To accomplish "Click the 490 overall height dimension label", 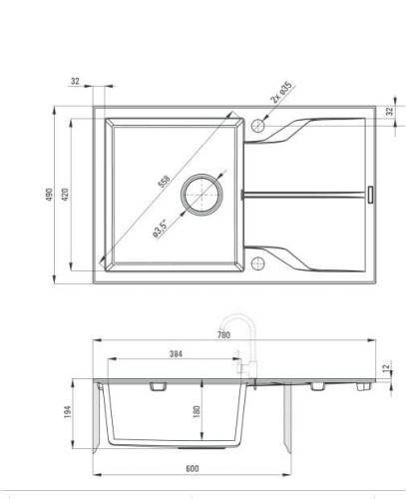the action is click(49, 195).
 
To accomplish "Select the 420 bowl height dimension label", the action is click(65, 195).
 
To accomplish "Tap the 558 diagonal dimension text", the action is click(164, 182).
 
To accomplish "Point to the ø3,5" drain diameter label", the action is click(161, 229).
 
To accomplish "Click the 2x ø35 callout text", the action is click(281, 93).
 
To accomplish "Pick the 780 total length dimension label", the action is click(223, 335).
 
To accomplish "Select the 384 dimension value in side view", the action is click(176, 354).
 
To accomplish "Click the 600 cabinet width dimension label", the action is click(193, 469).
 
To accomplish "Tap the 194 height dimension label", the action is click(68, 412).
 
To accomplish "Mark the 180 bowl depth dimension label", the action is click(197, 412).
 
